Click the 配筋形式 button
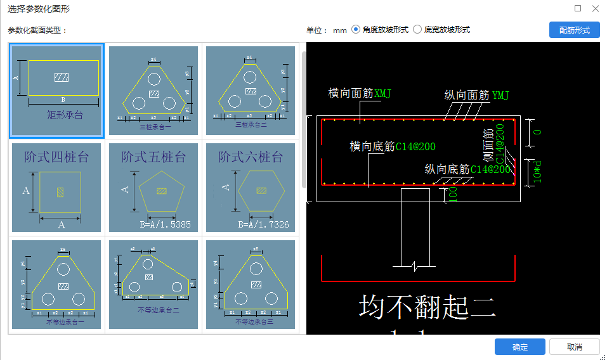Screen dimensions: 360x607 pos(574,30)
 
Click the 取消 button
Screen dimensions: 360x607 pos(574,347)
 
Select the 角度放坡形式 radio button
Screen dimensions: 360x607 pos(356,29)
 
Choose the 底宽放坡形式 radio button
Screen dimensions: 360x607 pos(417,29)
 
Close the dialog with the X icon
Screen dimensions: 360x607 pos(594,9)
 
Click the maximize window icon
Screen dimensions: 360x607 pos(578,9)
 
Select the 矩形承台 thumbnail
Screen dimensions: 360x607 pos(56,91)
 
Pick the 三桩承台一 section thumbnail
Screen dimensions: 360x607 pos(153,91)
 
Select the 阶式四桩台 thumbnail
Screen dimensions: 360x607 pos(56,188)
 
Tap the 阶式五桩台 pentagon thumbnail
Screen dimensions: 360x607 pos(153,188)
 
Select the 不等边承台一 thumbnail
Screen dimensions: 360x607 pos(56,285)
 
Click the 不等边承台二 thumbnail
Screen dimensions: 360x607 pos(153,285)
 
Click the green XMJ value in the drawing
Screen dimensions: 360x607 pos(383,94)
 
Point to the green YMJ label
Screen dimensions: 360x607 pos(500,96)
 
